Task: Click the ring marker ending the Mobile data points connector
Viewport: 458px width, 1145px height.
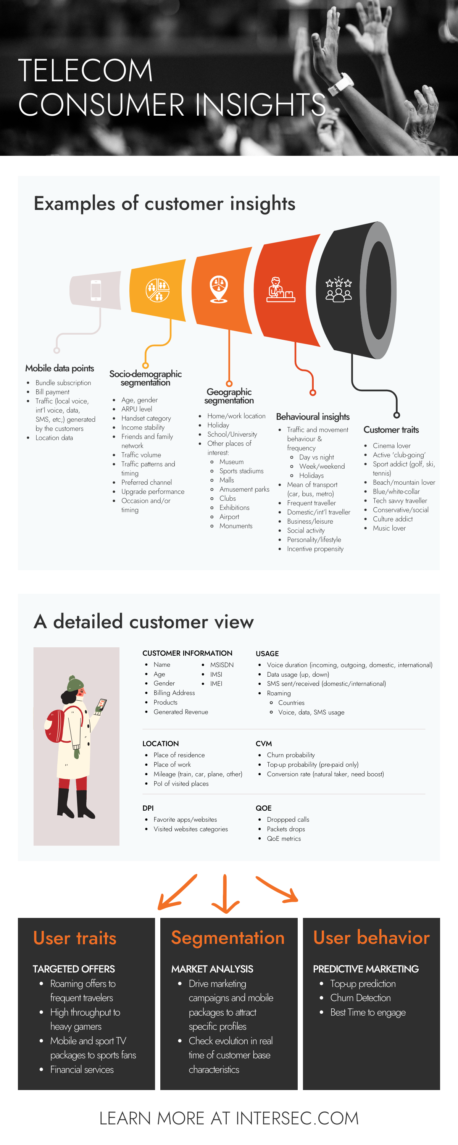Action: coord(56,350)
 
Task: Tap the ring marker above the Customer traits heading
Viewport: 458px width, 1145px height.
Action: coord(397,415)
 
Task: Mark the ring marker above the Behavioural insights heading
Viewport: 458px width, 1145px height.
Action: coord(313,392)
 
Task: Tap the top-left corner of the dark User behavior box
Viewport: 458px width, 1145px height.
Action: coord(303,918)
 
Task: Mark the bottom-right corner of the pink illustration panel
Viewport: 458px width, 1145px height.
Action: coord(119,845)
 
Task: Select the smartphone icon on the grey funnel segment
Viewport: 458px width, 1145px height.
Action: coord(95,290)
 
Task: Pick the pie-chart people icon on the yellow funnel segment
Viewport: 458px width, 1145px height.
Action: coord(157,290)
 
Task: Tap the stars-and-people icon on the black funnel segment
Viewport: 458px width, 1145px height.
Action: coord(339,289)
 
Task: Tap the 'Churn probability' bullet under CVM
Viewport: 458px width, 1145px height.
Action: coord(291,755)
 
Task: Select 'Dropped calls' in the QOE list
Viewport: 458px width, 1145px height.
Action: coord(288,819)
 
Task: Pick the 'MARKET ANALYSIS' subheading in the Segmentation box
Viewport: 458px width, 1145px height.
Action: coord(212,969)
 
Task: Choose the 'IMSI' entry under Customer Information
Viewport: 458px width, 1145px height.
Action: coord(216,674)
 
